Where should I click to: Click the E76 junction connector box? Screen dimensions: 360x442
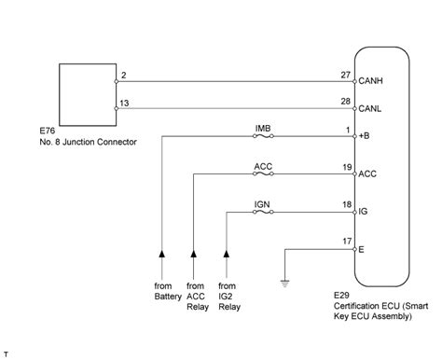pos(86,90)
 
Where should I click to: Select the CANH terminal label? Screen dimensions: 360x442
pos(373,81)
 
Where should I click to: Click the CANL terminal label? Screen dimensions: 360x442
pos(373,108)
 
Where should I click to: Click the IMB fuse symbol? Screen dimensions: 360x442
pos(263,136)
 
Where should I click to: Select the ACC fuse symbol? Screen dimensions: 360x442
pos(263,173)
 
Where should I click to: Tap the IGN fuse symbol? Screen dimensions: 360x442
pos(263,212)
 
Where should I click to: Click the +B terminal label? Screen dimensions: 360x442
pos(366,136)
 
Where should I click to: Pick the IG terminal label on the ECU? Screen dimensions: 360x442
pos(365,212)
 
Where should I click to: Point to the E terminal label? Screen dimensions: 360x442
pos(363,249)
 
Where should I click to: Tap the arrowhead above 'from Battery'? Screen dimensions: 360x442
pos(161,253)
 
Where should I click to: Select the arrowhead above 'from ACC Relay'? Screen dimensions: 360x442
pos(193,253)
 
